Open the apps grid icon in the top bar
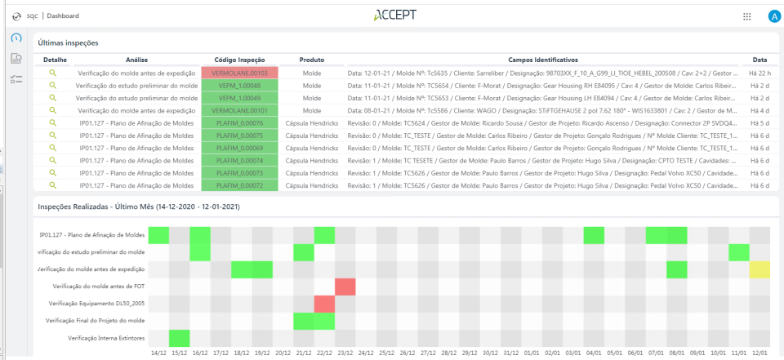[x=746, y=16]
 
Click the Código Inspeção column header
[x=240, y=60]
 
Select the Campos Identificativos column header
[x=542, y=60]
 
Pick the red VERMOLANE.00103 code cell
[x=240, y=73]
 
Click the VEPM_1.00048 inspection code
[x=240, y=85]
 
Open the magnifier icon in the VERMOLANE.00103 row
[x=53, y=73]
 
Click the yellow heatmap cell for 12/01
[x=759, y=269]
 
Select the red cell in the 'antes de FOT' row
[x=345, y=287]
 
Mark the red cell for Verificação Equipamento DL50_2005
[x=324, y=304]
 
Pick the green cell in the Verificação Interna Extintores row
[x=179, y=338]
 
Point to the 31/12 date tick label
[x=511, y=353]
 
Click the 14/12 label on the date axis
[x=158, y=353]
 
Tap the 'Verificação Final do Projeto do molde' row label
[x=96, y=321]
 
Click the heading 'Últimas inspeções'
[x=68, y=42]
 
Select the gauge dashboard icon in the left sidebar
[x=16, y=38]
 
